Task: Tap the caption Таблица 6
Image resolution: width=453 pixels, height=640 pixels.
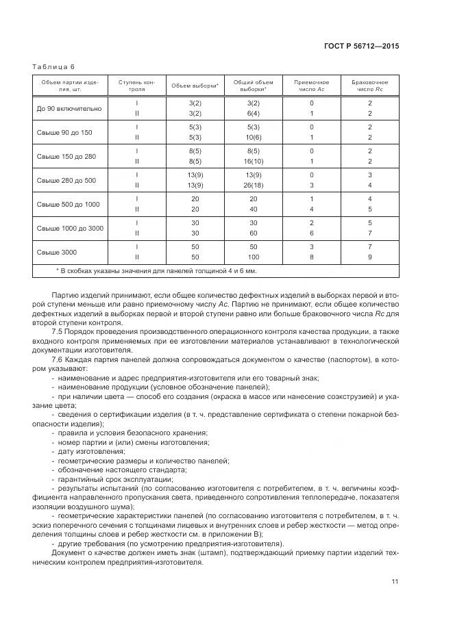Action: (53, 66)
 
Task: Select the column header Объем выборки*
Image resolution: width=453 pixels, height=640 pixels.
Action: (195, 86)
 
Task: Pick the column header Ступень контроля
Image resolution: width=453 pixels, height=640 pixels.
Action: (136, 86)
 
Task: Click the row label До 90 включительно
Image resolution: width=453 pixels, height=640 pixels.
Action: (69, 108)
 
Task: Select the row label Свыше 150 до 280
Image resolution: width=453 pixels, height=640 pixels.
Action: (66, 156)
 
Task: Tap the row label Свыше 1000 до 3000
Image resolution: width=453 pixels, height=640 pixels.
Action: (70, 227)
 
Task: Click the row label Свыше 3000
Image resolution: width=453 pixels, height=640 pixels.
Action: (57, 252)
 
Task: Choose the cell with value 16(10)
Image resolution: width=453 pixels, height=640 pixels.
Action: (253, 162)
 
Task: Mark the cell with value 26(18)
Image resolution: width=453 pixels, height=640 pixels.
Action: (253, 185)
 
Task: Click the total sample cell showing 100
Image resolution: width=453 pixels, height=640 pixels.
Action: (253, 257)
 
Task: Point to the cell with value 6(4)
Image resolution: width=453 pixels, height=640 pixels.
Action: (253, 114)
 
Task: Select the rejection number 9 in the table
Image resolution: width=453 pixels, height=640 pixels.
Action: (369, 257)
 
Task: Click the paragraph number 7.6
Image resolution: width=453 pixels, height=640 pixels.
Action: (58, 359)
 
